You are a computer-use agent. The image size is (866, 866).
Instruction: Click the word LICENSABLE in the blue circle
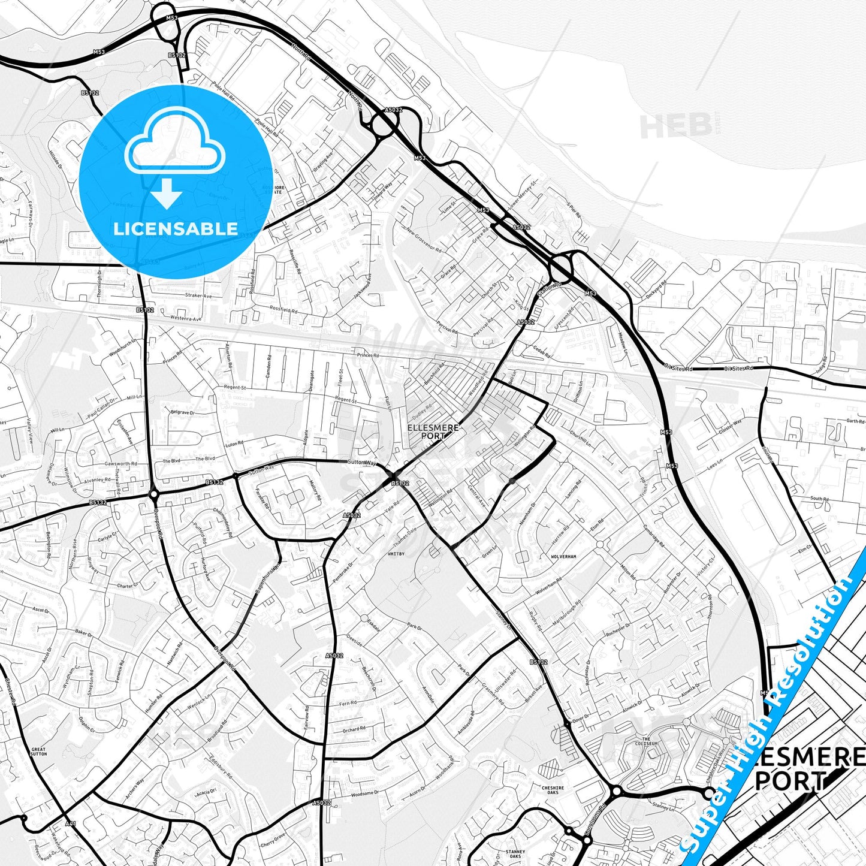click(x=175, y=229)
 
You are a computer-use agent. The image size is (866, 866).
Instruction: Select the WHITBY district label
click(x=397, y=554)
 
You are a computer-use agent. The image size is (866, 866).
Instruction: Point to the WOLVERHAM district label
click(x=563, y=557)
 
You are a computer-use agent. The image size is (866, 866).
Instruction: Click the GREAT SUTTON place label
click(x=38, y=752)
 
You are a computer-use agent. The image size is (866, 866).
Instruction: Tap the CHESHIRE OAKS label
click(x=553, y=790)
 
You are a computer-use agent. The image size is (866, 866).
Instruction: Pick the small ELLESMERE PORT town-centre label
click(x=433, y=432)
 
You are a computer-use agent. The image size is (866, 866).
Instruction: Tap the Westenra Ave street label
click(x=184, y=318)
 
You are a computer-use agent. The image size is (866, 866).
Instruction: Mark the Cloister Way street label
click(x=729, y=426)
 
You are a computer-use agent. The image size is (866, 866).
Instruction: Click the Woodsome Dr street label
click(x=364, y=794)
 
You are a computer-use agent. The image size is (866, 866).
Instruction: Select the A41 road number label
click(x=71, y=824)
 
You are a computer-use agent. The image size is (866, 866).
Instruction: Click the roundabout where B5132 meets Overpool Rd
click(x=154, y=494)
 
